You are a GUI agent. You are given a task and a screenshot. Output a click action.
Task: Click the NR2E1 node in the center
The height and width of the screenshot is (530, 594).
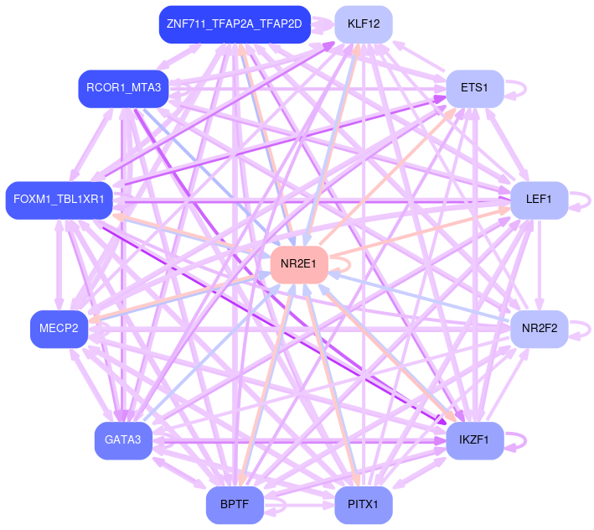(298, 264)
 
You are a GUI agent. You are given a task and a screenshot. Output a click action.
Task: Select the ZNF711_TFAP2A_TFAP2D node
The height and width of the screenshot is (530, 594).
(235, 24)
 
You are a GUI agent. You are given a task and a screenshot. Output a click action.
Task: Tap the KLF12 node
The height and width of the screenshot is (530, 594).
(364, 24)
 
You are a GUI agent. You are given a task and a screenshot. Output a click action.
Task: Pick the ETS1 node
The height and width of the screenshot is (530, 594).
(473, 88)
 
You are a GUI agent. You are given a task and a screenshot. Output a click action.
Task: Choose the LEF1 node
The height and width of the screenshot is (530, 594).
(539, 200)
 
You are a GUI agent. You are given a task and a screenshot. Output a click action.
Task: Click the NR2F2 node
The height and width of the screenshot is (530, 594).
(539, 328)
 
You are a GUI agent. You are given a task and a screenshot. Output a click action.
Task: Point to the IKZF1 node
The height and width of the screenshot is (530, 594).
(473, 439)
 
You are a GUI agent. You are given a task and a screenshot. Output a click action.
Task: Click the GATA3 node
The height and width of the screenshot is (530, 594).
(123, 439)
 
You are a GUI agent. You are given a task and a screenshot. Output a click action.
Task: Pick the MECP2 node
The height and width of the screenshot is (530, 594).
(59, 328)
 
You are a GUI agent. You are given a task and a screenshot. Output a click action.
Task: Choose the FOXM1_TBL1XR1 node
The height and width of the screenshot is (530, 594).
(59, 200)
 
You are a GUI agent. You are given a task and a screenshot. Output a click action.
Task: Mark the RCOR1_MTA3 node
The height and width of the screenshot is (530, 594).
(123, 88)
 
